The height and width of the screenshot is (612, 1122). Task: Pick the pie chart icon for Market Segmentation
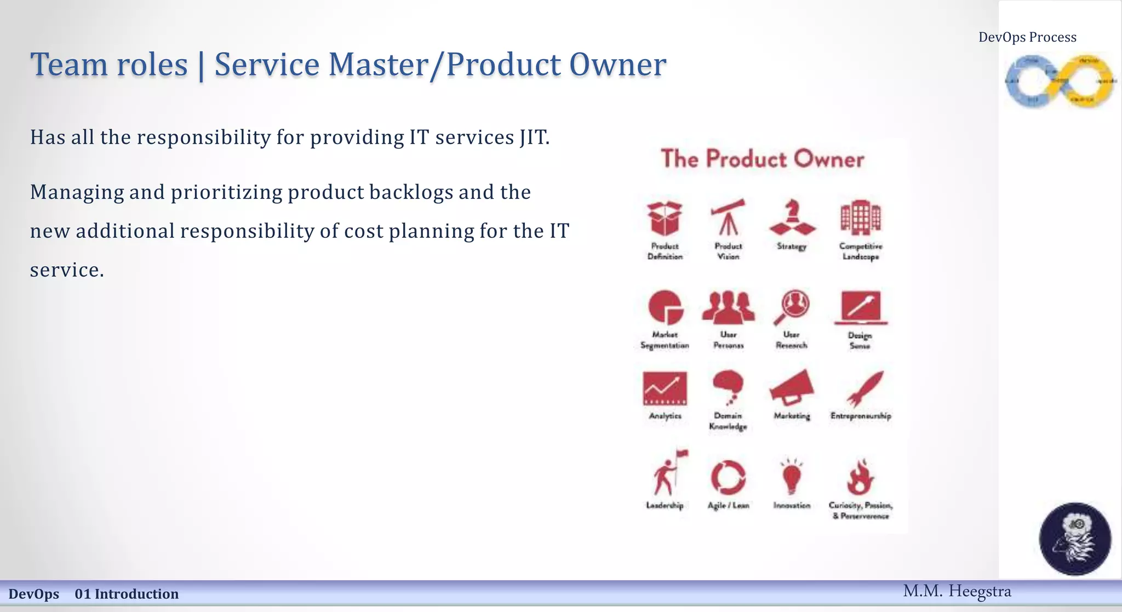click(666, 307)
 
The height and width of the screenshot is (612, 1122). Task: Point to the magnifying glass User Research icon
click(792, 307)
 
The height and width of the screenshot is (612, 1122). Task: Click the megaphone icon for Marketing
click(792, 388)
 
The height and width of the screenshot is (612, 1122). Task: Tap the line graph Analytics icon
click(665, 388)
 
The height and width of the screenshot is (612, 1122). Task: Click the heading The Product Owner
click(762, 159)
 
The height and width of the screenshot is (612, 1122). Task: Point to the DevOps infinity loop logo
click(1060, 82)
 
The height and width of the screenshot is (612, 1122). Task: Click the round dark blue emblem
click(1075, 539)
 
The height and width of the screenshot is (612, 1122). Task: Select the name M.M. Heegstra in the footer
click(957, 591)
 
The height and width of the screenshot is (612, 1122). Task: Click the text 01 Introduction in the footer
click(127, 594)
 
